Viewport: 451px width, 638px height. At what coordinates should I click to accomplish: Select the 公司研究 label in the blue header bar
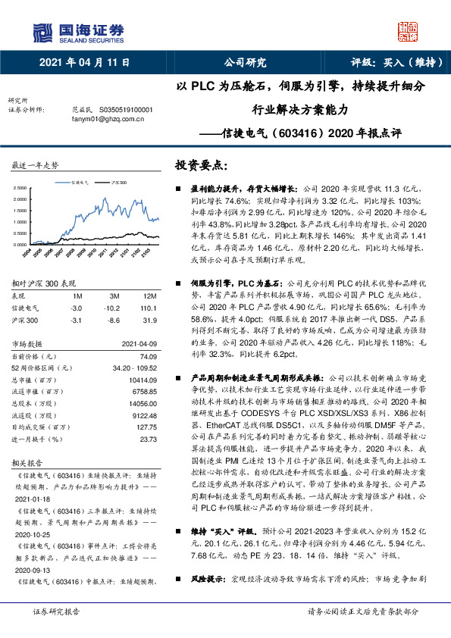click(246, 63)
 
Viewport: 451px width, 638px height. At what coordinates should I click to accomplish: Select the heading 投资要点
click(200, 165)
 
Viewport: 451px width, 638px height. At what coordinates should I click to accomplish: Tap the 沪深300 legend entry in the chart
click(117, 183)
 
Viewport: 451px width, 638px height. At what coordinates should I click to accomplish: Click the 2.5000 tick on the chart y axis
click(25, 186)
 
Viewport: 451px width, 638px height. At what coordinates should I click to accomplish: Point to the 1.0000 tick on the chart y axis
click(25, 222)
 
